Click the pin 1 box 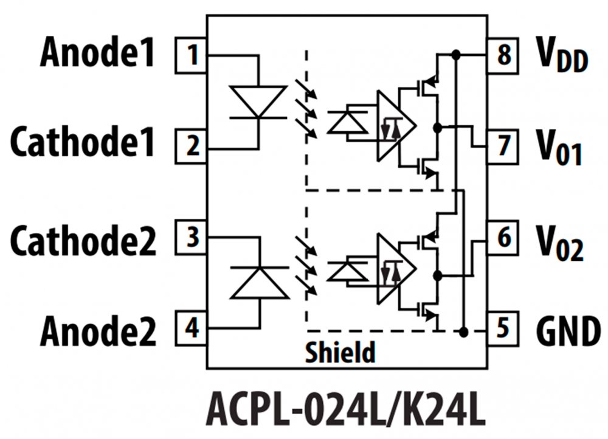click(x=192, y=55)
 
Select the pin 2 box click(x=192, y=147)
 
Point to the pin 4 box click(x=192, y=328)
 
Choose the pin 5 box click(x=503, y=328)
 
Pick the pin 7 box click(x=503, y=147)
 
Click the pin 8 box click(x=503, y=55)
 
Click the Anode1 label click(x=97, y=55)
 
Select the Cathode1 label click(x=83, y=145)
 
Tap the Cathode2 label click(x=83, y=240)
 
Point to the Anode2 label click(x=98, y=331)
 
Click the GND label click(x=568, y=331)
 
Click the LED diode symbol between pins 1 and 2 click(x=258, y=101)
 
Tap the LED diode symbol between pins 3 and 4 click(x=259, y=283)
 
